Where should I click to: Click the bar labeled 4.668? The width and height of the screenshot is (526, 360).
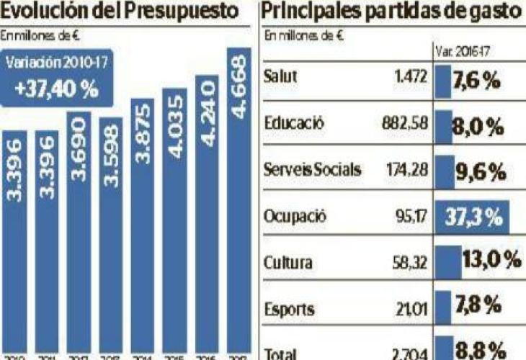239,202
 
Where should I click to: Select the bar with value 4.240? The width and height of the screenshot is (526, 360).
207,216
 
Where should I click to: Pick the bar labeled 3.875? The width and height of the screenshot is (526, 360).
142,230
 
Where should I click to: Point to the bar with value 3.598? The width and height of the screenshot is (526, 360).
110,238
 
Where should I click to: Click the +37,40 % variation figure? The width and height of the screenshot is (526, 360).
56,91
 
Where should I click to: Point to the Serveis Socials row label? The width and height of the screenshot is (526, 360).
313,170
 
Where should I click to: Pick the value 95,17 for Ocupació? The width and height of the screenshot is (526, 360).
413,217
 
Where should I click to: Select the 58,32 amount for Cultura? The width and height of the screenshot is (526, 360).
411,263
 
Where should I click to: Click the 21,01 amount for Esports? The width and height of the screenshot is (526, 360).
414,310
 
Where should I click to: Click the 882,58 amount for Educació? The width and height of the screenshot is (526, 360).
405,123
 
